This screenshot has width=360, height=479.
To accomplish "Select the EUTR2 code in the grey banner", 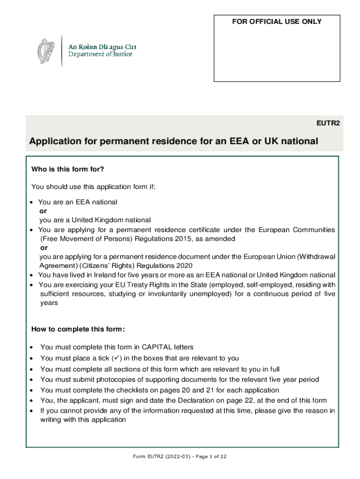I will tap(329, 124).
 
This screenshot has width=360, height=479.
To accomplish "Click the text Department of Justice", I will tap(101, 54).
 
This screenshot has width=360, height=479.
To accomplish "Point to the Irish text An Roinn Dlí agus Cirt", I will tap(103, 46).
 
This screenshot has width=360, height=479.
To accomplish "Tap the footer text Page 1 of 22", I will tap(209, 457).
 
